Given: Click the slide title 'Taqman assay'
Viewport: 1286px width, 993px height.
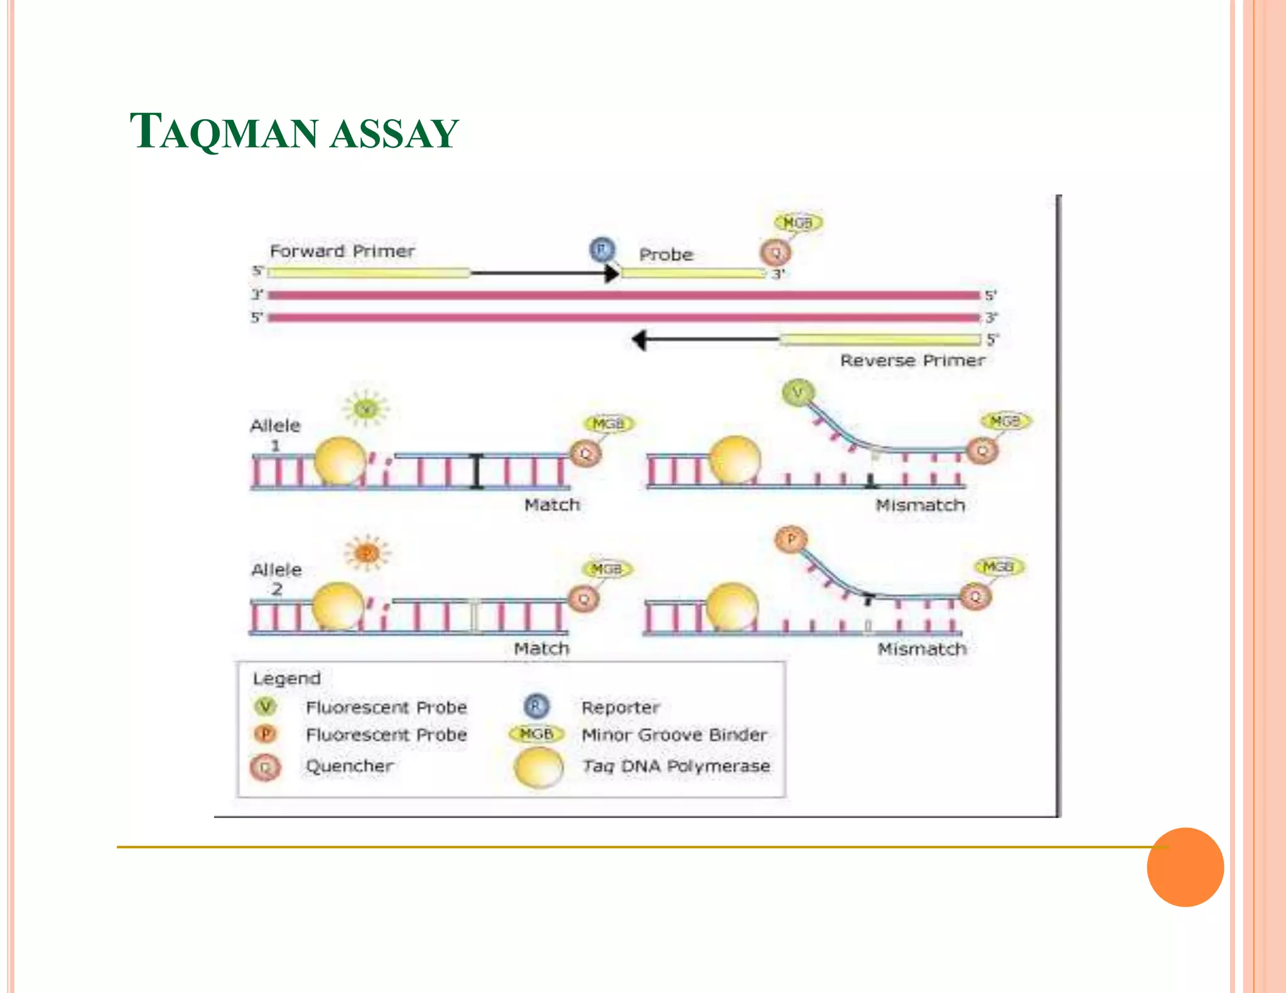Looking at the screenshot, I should (294, 132).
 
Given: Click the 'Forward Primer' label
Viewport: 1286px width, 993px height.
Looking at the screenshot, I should (342, 251).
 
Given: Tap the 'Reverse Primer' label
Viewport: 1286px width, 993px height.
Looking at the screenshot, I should (912, 360).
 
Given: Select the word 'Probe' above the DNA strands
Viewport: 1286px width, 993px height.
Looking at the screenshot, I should (666, 255).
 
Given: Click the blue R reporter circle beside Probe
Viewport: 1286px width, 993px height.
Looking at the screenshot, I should (602, 249).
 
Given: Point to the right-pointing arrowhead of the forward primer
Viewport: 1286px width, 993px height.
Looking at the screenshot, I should (611, 273).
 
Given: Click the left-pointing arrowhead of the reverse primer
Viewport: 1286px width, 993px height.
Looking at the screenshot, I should (639, 340).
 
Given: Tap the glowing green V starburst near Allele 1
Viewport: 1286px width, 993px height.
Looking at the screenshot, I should (365, 409).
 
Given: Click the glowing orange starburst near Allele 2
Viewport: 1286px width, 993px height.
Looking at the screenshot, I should (367, 552).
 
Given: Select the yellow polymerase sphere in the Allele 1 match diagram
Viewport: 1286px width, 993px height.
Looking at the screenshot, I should (340, 461).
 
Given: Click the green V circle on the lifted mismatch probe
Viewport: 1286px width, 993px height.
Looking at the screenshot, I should (797, 392).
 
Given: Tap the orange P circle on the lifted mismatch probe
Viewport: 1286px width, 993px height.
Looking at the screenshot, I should (791, 539).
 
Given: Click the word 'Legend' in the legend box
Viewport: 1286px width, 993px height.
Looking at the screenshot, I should (286, 679).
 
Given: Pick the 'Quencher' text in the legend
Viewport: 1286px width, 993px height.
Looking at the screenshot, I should (349, 766).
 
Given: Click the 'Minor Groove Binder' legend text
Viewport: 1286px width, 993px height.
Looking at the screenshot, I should (674, 734).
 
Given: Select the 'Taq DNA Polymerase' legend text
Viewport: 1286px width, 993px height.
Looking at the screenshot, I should (676, 766).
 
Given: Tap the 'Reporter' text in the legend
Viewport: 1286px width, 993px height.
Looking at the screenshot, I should (620, 707).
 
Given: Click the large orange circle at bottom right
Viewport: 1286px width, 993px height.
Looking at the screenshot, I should (1185, 867).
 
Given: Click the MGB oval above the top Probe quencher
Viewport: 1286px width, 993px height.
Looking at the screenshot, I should (797, 223).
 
